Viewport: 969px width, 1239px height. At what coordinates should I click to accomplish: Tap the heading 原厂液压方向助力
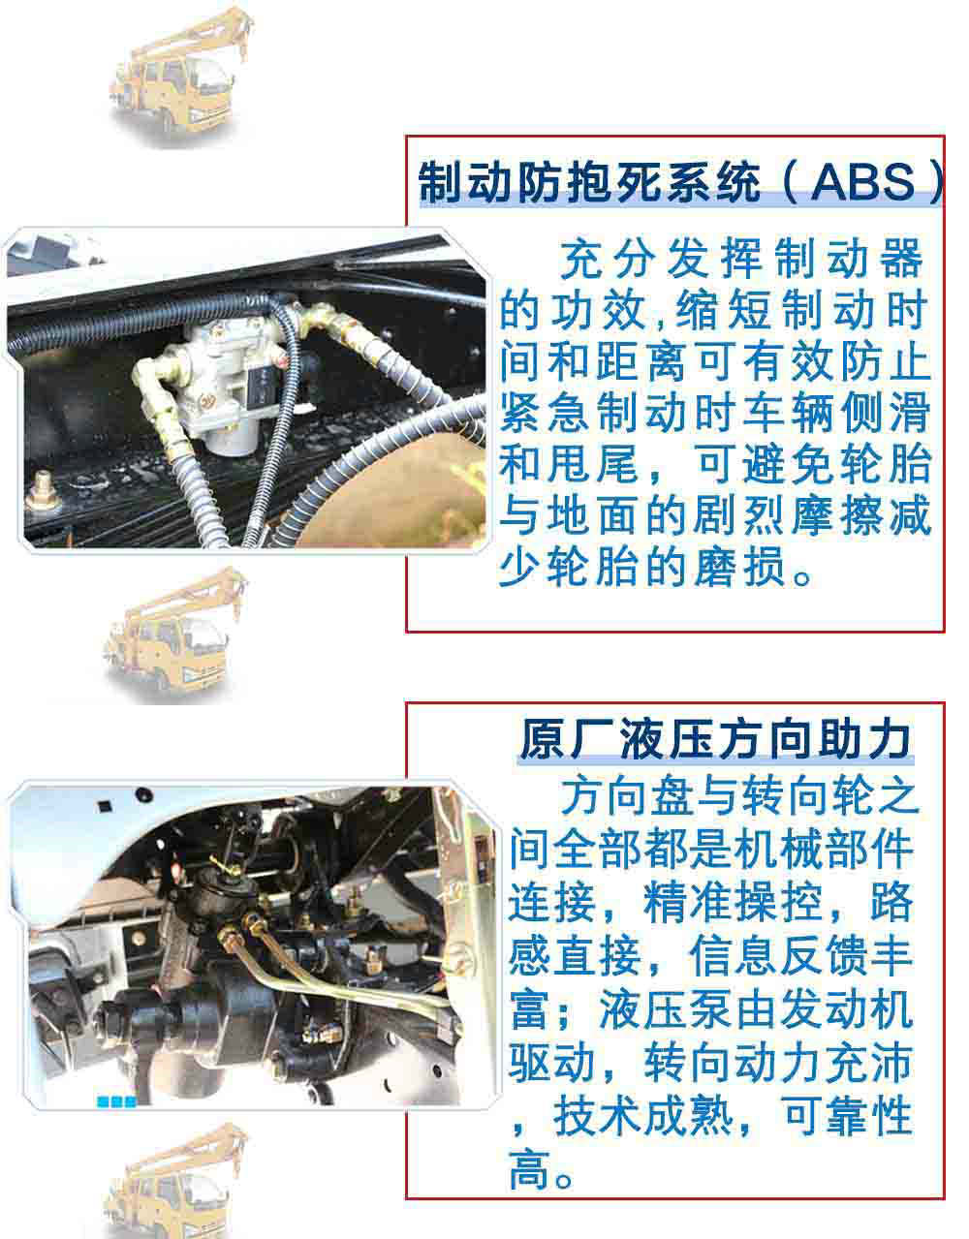pos(715,739)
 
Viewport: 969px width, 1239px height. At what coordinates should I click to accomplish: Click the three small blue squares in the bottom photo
pos(115,1101)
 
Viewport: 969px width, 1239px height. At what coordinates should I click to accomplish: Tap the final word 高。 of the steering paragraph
pos(543,1174)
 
